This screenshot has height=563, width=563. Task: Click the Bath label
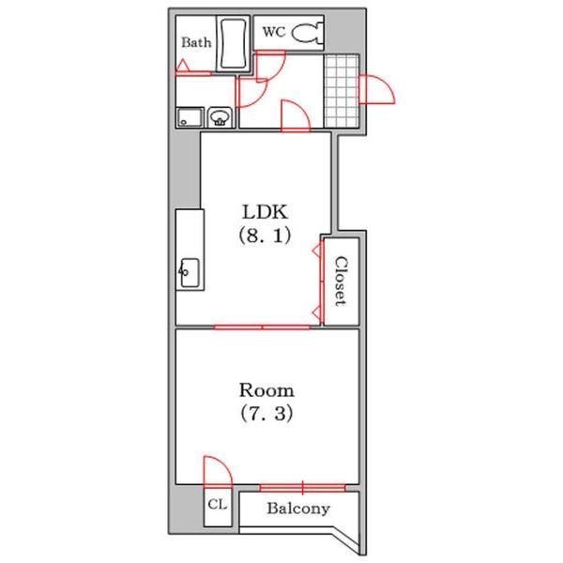(x=196, y=42)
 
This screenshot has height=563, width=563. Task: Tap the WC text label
(x=274, y=32)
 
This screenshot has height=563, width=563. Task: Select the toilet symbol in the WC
(x=308, y=33)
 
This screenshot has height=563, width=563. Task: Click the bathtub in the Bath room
(x=234, y=44)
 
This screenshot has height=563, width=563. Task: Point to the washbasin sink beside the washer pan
(x=220, y=117)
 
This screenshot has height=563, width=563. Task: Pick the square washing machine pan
(x=190, y=117)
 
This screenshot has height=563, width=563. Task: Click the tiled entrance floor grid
(x=342, y=91)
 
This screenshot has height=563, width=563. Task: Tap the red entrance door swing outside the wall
(x=377, y=89)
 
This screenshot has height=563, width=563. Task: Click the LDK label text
(x=266, y=212)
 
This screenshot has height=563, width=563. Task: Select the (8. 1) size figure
(x=265, y=236)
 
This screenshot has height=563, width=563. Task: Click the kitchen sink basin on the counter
(x=190, y=272)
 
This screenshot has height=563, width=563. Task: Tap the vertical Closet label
(x=341, y=281)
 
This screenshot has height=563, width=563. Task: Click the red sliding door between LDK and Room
(x=263, y=327)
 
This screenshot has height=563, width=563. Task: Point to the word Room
(x=266, y=390)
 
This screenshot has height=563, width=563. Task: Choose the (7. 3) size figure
(x=266, y=413)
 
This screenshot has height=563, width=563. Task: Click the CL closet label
(x=218, y=505)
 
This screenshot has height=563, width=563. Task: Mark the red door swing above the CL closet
(x=218, y=472)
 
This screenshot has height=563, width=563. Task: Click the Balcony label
(x=298, y=509)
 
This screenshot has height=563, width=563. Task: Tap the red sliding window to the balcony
(x=303, y=488)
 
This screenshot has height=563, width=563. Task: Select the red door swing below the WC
(x=271, y=67)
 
